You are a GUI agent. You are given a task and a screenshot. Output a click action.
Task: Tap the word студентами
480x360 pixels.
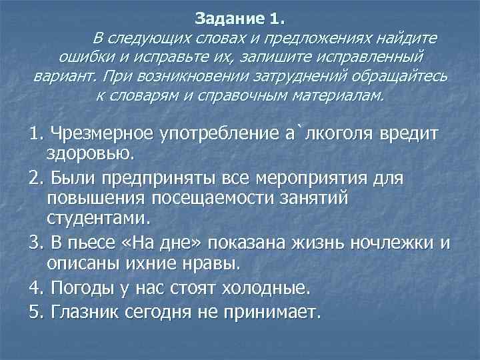(x=99, y=219)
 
